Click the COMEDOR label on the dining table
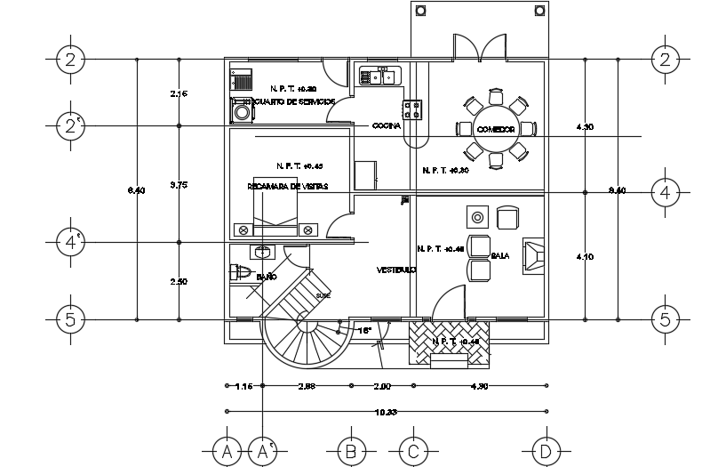[x=496, y=130]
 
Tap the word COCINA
[x=387, y=125]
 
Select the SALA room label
[x=500, y=256]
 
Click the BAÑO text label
[x=265, y=278]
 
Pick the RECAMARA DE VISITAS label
[x=287, y=187]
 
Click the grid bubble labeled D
[x=546, y=451]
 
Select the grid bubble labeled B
[x=351, y=451]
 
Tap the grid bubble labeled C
[x=412, y=451]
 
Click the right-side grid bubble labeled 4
[x=665, y=192]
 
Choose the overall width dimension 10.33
[x=385, y=411]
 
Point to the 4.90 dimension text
[x=479, y=386]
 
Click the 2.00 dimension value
[x=382, y=386]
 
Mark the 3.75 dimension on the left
[x=179, y=185]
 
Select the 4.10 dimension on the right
[x=585, y=256]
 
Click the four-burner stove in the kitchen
[x=413, y=109]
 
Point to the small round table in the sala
[x=478, y=216]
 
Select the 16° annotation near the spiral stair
[x=363, y=330]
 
